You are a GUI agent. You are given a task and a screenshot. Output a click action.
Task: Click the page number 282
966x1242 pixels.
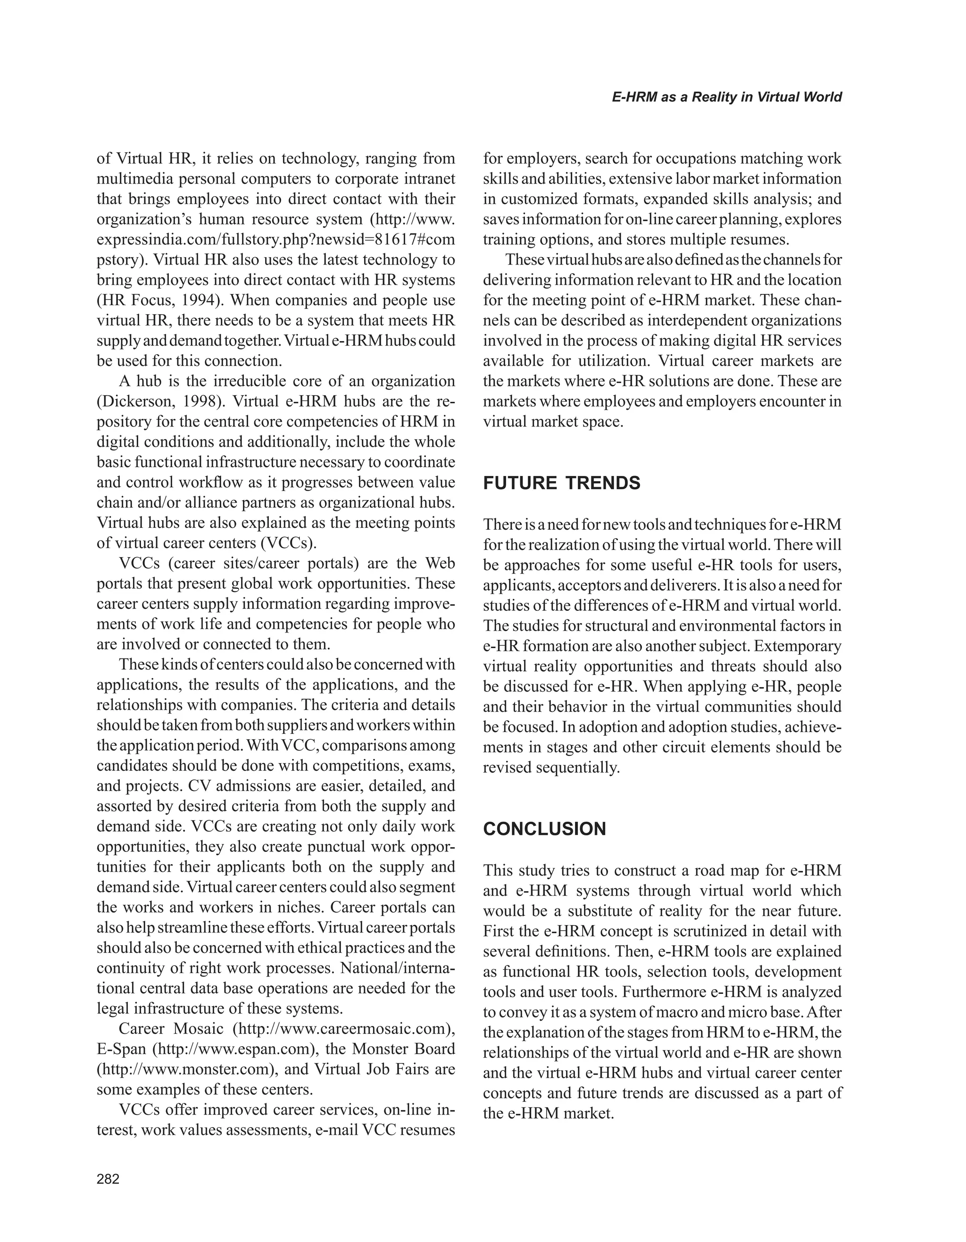pos(108,1179)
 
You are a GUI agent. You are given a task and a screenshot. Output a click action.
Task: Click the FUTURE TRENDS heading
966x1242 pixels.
pos(561,483)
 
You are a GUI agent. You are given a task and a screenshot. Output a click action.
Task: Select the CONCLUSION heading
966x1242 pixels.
pos(544,829)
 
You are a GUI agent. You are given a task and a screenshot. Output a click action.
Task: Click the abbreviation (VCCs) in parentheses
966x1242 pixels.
pos(288,543)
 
